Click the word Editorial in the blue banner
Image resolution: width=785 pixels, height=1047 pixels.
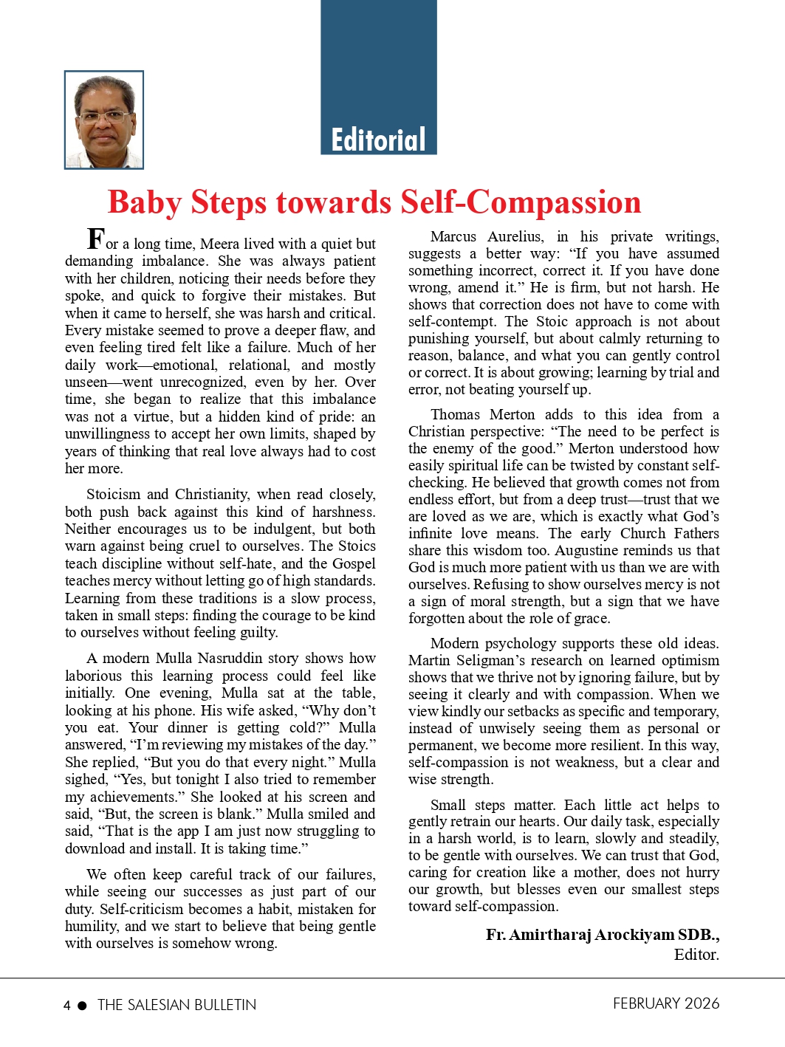point(378,140)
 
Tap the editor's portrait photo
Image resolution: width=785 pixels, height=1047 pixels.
point(104,120)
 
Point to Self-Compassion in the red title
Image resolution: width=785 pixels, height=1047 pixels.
point(521,202)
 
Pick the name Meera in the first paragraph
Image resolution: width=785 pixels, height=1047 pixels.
point(219,244)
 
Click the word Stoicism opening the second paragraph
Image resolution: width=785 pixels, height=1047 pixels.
point(114,494)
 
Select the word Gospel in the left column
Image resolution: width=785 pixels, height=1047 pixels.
point(354,563)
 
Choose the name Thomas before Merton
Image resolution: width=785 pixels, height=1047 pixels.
point(456,414)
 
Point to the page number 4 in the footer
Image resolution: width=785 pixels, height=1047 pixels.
point(67,1005)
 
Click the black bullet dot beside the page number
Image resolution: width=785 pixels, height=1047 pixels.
point(82,1005)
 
